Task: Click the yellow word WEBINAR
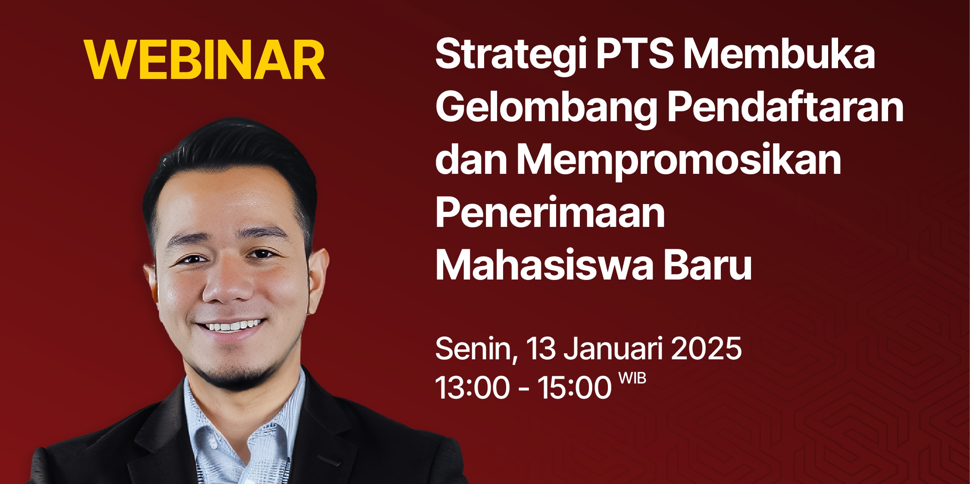coord(205,60)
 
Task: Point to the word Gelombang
coord(546,109)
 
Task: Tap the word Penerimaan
coord(550,212)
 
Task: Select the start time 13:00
coord(472,387)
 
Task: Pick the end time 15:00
coord(574,387)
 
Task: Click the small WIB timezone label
coord(632,378)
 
